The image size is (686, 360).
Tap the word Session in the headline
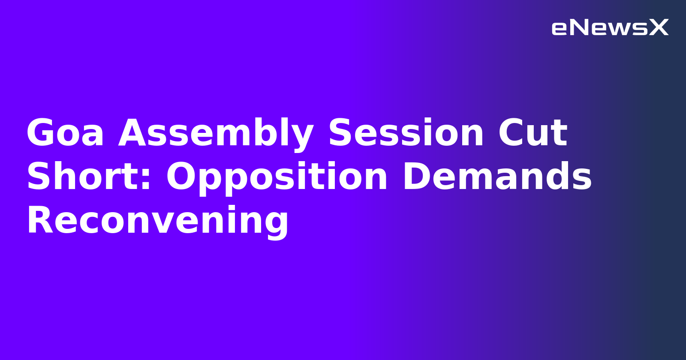pos(406,133)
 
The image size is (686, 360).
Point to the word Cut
pos(533,133)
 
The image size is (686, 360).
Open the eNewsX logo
pos(610,28)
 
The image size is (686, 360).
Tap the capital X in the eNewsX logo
pos(659,28)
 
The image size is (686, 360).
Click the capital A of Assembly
pos(132,133)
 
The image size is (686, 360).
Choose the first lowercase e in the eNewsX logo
pos(560,29)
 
